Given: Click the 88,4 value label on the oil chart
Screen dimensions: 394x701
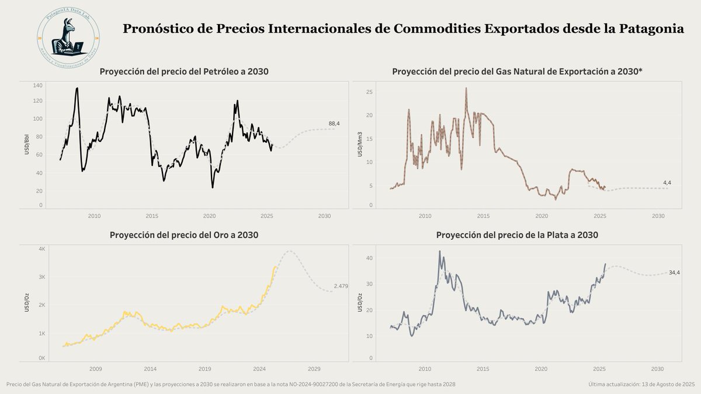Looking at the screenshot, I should [334, 124].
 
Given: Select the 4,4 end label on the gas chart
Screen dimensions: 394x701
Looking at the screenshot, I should [667, 183].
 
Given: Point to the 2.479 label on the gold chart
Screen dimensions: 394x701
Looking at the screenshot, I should [341, 285].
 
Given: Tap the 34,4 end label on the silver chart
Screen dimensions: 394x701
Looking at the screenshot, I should [674, 273].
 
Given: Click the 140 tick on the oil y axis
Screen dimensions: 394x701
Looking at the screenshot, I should [38, 85].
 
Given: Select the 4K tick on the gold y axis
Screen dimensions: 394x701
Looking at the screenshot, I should [42, 249].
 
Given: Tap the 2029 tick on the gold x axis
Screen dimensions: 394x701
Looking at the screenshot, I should [314, 369].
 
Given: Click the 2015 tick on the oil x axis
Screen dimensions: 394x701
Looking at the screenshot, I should [151, 216].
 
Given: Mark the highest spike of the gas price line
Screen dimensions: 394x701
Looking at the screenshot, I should [466, 89].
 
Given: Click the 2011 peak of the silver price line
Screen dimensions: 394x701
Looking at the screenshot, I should [439, 252].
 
